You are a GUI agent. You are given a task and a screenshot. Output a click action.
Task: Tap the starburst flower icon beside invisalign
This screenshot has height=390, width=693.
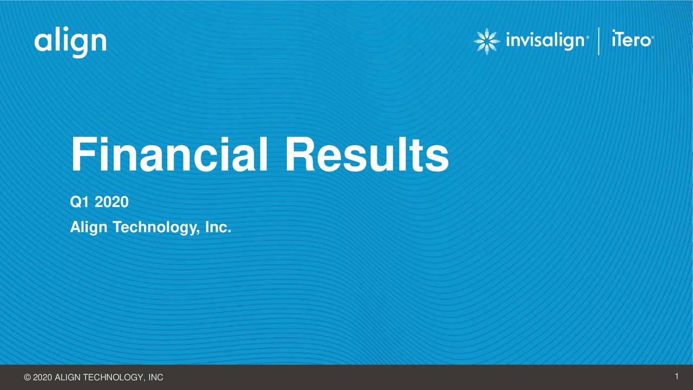(x=487, y=41)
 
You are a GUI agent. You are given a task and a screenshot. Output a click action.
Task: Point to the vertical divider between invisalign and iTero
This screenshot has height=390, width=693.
(x=599, y=41)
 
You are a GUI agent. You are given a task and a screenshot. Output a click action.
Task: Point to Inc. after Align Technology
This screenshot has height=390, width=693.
(x=218, y=228)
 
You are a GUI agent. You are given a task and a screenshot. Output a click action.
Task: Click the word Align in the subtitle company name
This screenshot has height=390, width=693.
(x=89, y=229)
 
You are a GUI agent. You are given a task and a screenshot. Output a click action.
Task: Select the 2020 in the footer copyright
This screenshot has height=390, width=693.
(x=43, y=378)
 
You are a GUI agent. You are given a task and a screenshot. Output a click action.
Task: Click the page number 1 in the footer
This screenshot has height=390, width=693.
(x=677, y=376)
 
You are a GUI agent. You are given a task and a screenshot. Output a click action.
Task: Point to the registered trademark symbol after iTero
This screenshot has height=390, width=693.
(x=653, y=38)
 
